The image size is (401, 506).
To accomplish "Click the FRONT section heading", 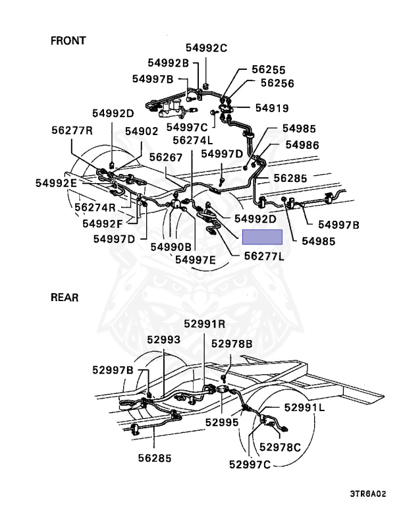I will click(68, 41).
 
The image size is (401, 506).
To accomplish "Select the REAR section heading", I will click(65, 298).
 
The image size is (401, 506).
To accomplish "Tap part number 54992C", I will click(205, 47).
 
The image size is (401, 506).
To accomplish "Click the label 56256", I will click(277, 84).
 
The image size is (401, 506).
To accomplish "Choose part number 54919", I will click(272, 107).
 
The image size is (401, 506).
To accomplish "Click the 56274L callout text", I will click(193, 140).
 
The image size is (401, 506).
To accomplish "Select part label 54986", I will click(302, 144).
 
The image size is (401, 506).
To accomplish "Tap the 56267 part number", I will click(165, 157).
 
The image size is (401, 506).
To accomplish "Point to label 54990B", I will click(171, 246).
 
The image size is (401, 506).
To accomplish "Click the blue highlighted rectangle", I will click(262, 237).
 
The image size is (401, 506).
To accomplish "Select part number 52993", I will click(163, 340).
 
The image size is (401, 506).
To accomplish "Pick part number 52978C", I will click(280, 447).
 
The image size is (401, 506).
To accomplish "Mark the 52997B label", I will click(113, 370).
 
